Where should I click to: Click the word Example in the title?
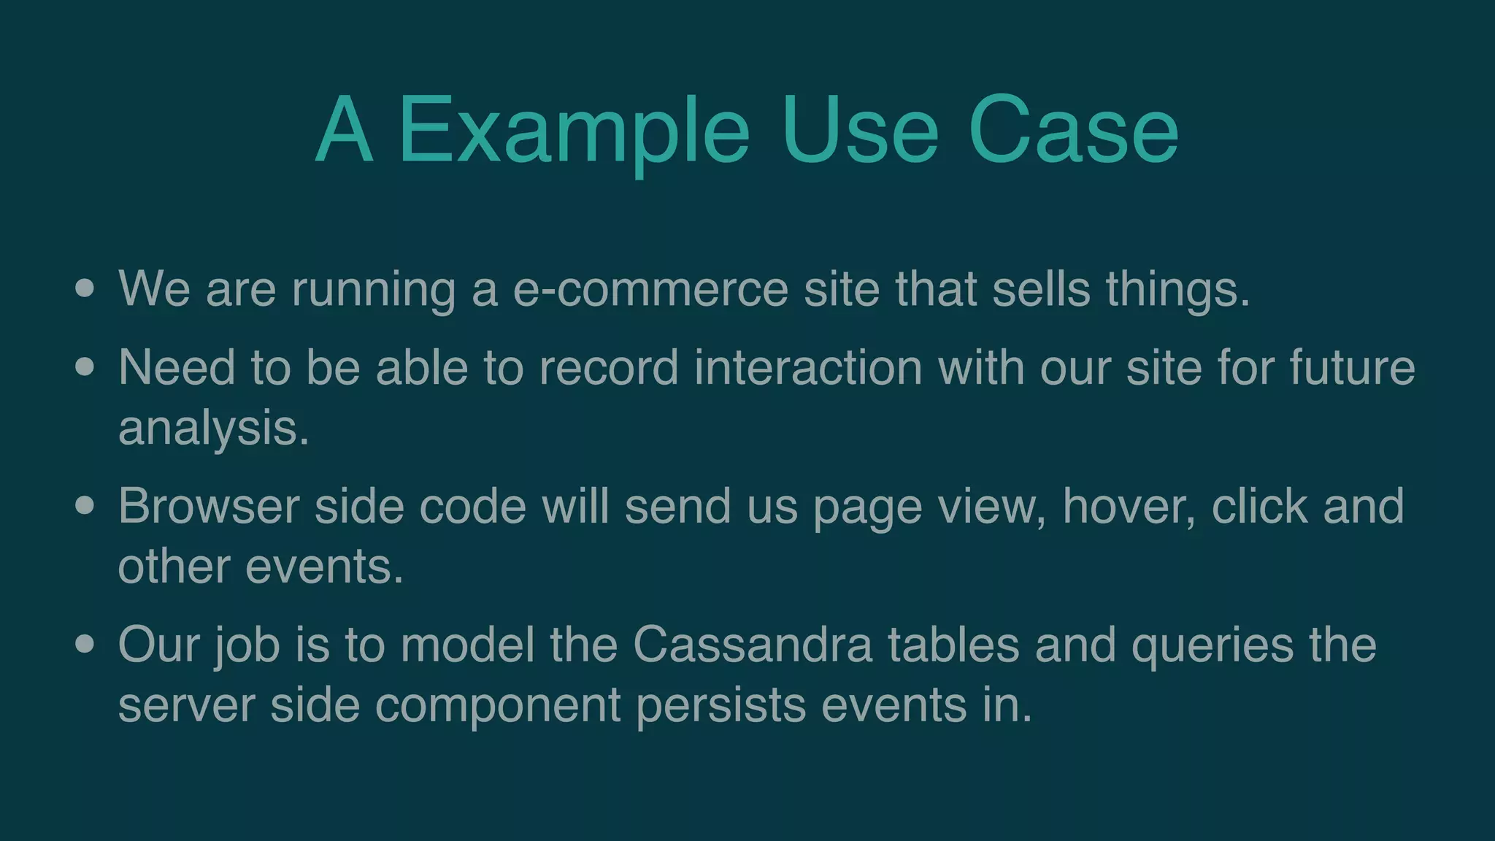click(574, 131)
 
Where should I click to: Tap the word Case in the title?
click(1073, 131)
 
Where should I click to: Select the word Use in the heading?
click(859, 131)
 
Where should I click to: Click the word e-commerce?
click(650, 289)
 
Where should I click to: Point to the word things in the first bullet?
click(1177, 289)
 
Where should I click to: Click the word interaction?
click(808, 367)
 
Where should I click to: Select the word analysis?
click(213, 428)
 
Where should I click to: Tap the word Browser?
click(209, 506)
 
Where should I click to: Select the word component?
click(498, 707)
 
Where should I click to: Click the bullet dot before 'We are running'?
click(85, 288)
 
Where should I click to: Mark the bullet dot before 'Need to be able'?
click(85, 366)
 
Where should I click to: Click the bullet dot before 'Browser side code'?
click(85, 505)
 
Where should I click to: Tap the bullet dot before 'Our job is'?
click(85, 644)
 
